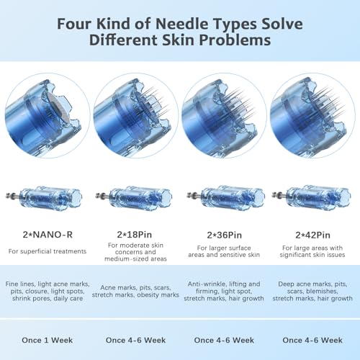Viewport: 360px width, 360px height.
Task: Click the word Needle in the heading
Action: tap(182, 24)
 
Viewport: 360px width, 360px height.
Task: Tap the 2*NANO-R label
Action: tap(48, 235)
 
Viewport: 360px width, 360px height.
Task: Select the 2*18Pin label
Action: tap(135, 235)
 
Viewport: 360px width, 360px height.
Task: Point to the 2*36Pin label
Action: tap(224, 235)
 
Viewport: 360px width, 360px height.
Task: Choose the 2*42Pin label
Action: tap(312, 235)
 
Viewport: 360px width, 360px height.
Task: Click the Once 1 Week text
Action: tap(48, 340)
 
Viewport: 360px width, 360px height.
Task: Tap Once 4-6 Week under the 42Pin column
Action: tap(312, 340)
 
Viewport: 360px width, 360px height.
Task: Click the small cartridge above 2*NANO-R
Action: tap(44, 198)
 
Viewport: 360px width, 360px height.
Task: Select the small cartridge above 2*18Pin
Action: tap(134, 198)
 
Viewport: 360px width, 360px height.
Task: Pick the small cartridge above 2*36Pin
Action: tap(226, 198)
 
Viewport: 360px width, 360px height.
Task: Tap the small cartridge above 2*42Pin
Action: tap(312, 198)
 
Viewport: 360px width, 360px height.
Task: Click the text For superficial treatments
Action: tap(48, 251)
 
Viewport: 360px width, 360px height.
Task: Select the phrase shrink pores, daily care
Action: tap(48, 299)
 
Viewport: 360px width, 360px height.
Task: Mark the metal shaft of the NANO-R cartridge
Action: tap(13, 196)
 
